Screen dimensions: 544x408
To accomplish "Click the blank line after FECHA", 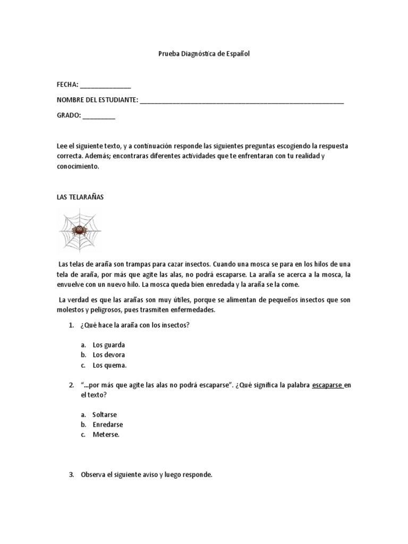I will pos(105,85).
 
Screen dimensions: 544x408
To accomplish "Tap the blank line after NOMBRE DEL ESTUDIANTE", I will pos(242,100).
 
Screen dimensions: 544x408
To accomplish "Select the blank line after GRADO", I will pos(98,116).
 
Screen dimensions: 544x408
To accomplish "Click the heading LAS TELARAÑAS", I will pos(80,197).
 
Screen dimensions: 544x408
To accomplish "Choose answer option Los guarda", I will pos(108,345).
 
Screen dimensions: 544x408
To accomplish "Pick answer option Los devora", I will pos(109,355).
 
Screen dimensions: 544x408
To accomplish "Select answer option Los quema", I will pos(109,365).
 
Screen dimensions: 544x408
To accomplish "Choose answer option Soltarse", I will pos(105,414).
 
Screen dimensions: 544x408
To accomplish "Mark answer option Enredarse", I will pos(107,424).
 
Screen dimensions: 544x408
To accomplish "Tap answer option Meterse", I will pos(106,435).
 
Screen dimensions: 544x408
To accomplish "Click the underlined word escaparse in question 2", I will pos(327,385).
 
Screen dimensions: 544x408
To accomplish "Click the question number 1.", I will pos(71,325).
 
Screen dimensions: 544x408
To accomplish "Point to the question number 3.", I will pos(71,475).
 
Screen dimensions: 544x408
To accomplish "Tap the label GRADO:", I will pos(69,116).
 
